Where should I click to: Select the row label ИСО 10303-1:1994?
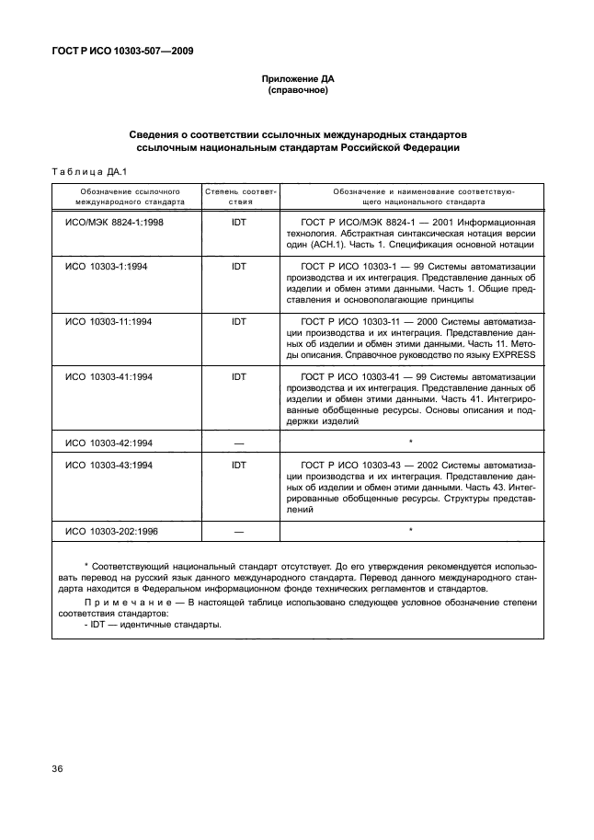tap(109, 266)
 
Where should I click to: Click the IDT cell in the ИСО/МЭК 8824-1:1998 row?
tap(239, 223)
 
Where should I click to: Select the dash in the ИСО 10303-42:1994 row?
tap(239, 443)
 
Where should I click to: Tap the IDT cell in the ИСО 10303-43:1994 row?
tap(239, 465)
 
